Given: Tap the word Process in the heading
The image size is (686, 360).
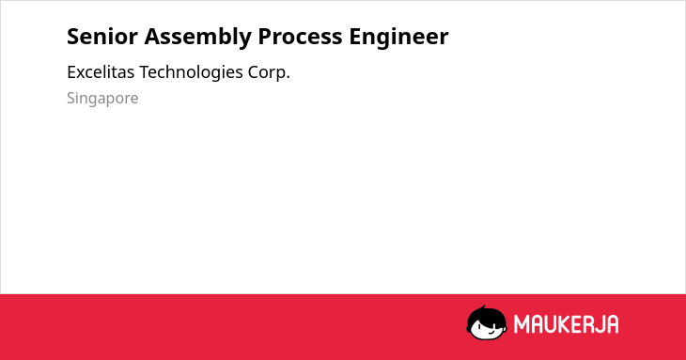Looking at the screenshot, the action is pos(300,37).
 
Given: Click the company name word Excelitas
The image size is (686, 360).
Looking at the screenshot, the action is pos(101,72).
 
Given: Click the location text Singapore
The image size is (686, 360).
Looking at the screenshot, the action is pos(102,99).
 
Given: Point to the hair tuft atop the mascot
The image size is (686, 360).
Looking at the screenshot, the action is pos(484,307).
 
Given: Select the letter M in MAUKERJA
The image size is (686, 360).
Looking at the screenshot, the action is pos(522,324).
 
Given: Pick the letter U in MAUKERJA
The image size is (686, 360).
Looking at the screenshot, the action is pos(551,324).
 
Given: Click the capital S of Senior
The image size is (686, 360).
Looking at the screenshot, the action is pos(72,37).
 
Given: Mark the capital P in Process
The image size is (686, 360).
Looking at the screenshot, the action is pos(264,37).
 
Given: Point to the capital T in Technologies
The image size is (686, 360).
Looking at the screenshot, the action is pos(146,72).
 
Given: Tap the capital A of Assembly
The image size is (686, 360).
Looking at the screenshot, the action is pos(152,37).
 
